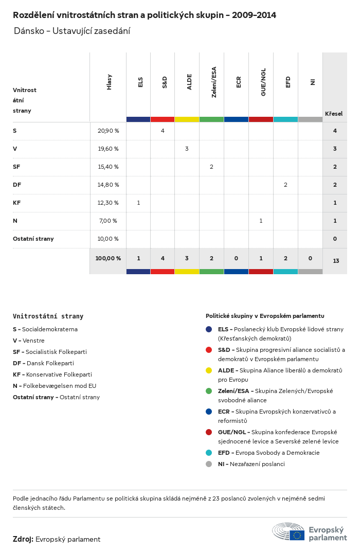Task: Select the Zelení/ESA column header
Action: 214,82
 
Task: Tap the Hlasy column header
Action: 109,82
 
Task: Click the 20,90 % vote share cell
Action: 108,131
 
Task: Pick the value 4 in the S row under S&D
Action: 163,131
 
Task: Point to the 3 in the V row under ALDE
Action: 187,149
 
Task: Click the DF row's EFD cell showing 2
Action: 285,185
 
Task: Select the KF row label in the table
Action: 17,203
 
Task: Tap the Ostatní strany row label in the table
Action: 33,239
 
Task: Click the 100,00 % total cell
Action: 108,258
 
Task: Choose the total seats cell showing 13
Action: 336,261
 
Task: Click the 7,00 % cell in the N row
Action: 107,221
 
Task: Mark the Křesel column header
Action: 334,114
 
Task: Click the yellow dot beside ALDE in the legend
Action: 209,370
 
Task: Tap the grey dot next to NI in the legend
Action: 209,464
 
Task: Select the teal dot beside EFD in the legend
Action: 209,453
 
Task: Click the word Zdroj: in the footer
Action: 23,539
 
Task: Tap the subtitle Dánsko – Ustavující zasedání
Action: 72,31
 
